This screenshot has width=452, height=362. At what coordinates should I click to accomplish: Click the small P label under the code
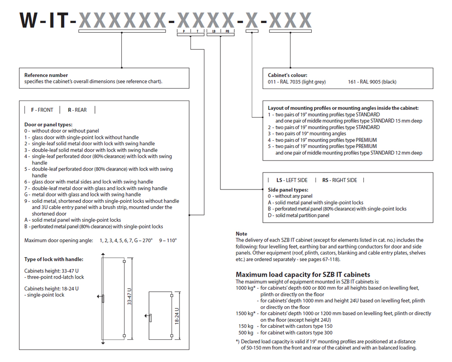184,31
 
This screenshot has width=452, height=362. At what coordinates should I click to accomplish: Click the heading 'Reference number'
46,75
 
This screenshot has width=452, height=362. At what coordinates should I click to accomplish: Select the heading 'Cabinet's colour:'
287,75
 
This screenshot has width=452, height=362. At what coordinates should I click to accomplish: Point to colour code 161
352,82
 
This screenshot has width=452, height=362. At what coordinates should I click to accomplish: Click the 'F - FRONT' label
42,110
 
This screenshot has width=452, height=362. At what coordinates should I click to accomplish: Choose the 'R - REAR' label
77,110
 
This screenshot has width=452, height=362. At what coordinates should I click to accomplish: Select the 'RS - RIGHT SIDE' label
339,180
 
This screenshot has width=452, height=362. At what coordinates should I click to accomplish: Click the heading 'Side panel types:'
288,190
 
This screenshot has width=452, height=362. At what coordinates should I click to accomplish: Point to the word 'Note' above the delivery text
241,234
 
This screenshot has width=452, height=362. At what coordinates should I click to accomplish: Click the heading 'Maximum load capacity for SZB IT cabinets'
303,274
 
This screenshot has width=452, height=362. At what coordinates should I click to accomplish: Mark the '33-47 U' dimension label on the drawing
130,297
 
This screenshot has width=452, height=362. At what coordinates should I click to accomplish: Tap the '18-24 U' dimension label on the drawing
177,315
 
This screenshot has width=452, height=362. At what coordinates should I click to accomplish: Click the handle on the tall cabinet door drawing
103,298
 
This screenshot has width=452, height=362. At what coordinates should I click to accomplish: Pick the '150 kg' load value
244,326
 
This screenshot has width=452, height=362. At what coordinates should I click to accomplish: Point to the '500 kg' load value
244,332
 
